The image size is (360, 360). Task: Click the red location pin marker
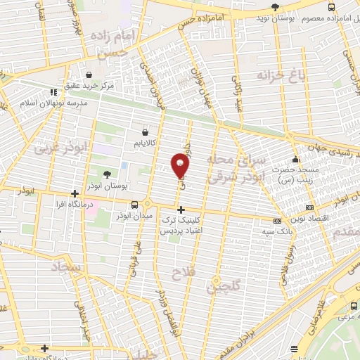(181, 165)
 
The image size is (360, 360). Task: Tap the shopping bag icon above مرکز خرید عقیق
(89, 75)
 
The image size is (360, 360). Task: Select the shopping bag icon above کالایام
(146, 131)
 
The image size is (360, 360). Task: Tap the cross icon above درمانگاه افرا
(75, 193)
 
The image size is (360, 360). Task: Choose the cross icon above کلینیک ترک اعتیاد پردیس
(181, 210)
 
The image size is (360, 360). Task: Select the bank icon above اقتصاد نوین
(311, 207)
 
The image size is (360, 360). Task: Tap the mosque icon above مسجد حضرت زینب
(296, 158)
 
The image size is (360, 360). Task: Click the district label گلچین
(224, 285)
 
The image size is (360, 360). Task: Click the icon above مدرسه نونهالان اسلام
(53, 92)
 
